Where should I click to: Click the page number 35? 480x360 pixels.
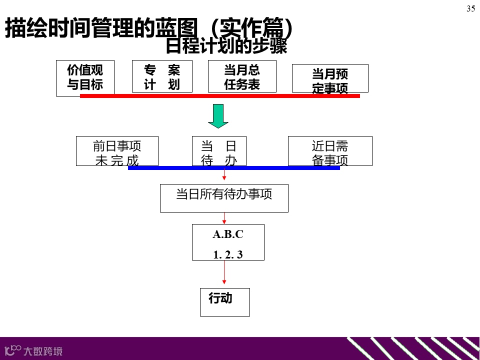(470, 8)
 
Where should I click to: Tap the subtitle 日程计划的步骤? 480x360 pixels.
(226, 46)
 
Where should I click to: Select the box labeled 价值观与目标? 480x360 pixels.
(85, 77)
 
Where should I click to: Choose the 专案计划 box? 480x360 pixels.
(162, 76)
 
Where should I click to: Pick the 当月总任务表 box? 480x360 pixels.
(242, 76)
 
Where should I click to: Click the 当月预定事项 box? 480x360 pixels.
(330, 78)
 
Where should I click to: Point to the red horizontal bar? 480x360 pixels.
(220, 95)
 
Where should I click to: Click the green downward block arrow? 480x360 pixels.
(218, 116)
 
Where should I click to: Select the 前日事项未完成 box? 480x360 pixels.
(117, 150)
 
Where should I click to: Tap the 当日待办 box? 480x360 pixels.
(219, 150)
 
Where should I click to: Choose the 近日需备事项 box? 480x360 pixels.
(330, 150)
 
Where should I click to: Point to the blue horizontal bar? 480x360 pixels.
(234, 168)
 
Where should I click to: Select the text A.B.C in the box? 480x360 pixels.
(228, 234)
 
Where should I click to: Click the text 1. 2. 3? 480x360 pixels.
(228, 254)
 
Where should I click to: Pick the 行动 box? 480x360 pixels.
(224, 301)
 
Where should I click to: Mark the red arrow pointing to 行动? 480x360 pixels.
(224, 273)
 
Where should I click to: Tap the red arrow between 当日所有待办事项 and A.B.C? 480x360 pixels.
(224, 218)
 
